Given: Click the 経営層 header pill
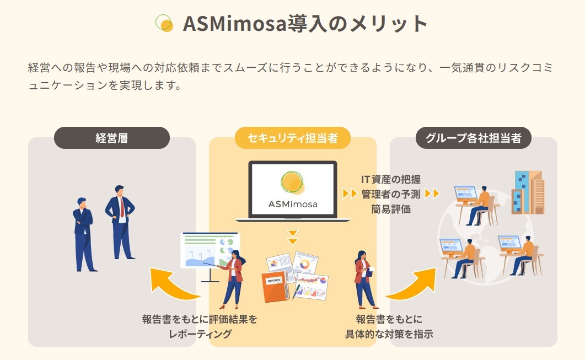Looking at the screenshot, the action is [112, 138].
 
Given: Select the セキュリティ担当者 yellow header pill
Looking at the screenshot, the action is [292, 138].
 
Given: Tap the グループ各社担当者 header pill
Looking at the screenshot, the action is [474, 138].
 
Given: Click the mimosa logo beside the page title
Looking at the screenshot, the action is [164, 23].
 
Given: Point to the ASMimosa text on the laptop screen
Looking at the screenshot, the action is [293, 204].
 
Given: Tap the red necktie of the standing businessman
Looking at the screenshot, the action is [122, 207].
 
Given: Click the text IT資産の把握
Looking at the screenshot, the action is [390, 179].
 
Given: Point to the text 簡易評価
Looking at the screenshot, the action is [390, 209].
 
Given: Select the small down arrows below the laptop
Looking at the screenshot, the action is [293, 237].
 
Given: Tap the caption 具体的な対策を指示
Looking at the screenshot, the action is [389, 334].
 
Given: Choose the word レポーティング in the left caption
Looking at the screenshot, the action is [200, 334].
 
